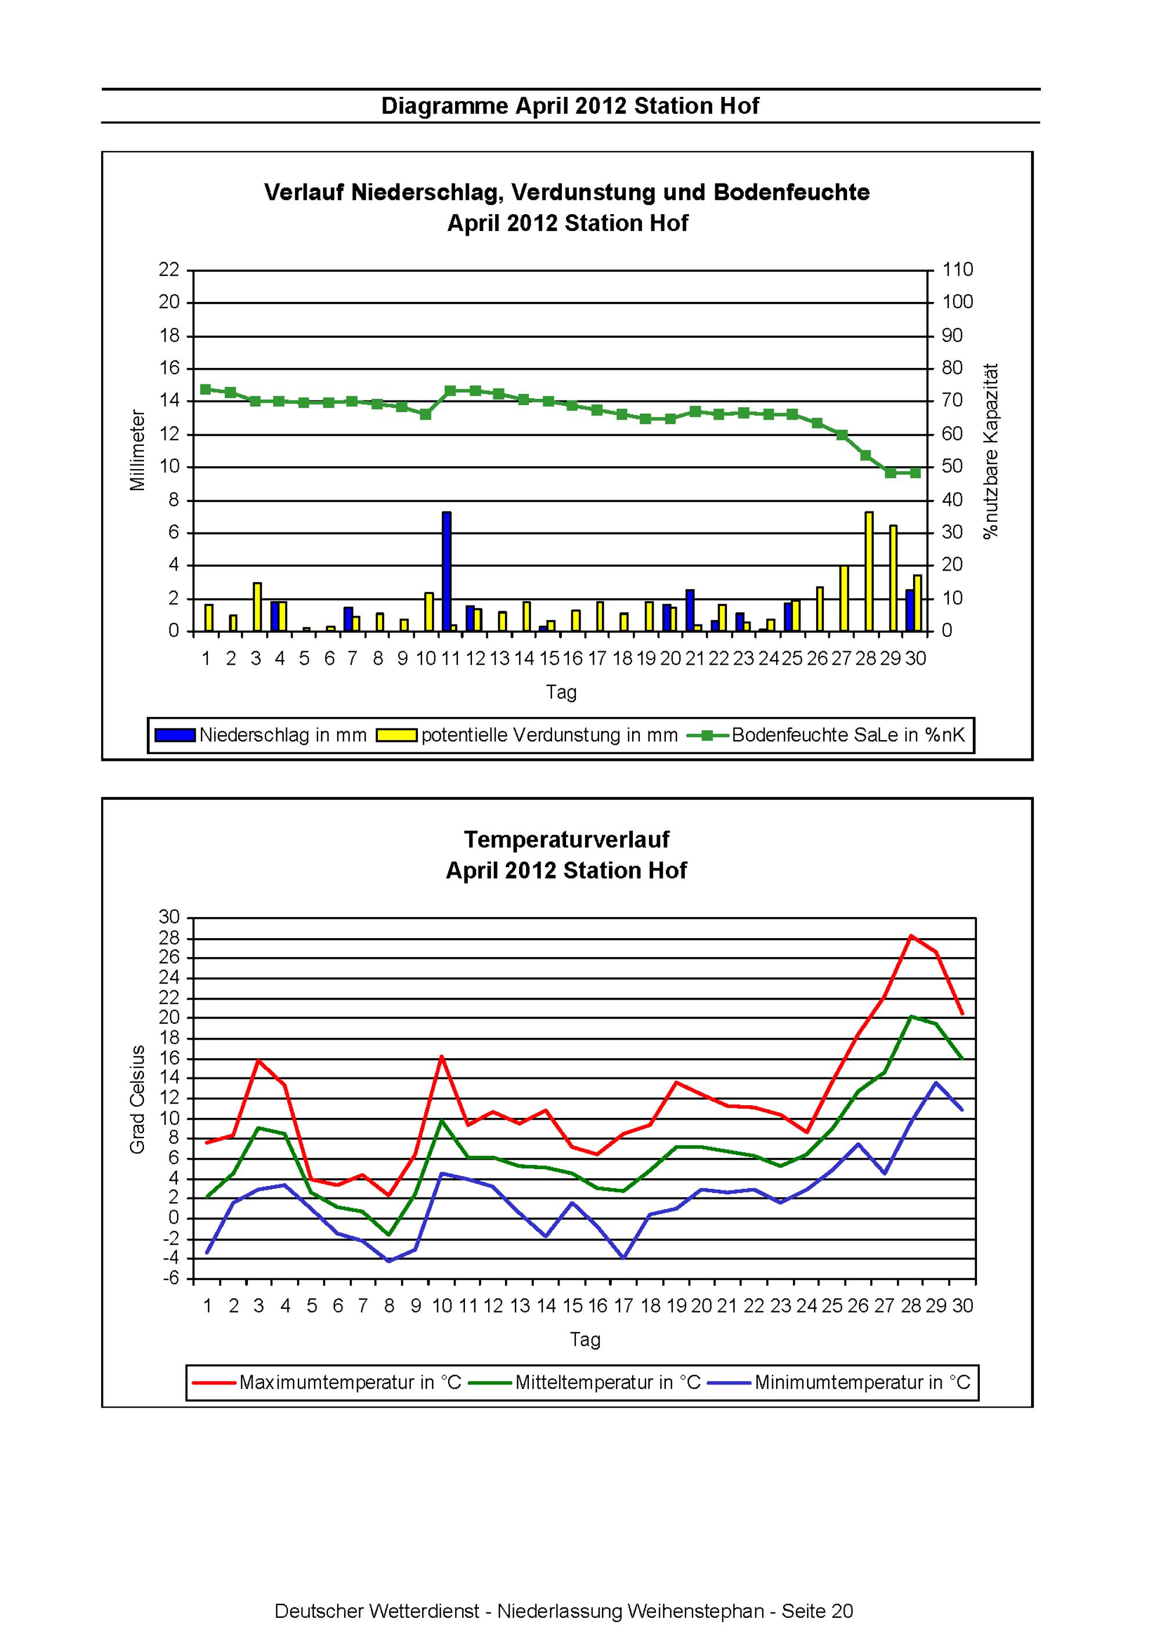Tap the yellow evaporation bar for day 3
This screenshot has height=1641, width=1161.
pos(257,608)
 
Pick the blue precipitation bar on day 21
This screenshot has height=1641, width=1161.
pos(690,611)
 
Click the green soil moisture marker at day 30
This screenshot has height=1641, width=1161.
pos(915,473)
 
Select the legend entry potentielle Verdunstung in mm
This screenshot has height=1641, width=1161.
pos(528,735)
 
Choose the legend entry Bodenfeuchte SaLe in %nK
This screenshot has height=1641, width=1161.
pos(827,735)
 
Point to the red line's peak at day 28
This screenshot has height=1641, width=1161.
pos(911,935)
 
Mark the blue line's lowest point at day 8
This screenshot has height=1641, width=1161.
pos(389,1261)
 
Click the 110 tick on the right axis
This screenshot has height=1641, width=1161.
pos(958,269)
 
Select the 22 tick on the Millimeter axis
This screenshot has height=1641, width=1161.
pos(170,269)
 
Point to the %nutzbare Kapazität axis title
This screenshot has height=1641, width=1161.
pos(991,451)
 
